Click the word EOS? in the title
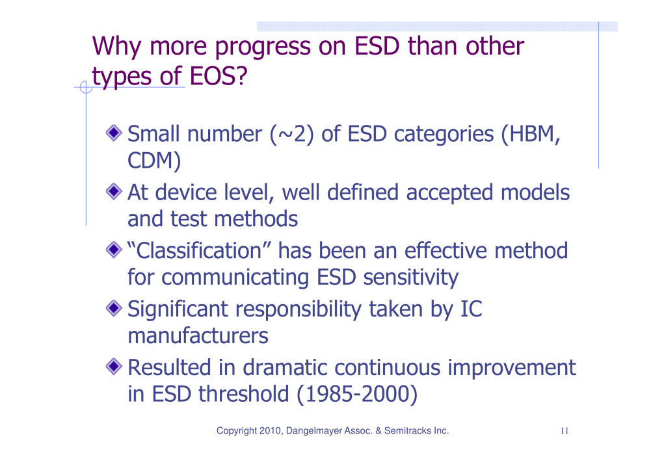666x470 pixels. point(219,77)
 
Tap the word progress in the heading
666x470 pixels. point(263,47)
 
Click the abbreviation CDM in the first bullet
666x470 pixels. point(151,161)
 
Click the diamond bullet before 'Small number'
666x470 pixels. point(114,133)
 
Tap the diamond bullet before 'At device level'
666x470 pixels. point(114,192)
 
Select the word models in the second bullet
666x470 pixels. point(535,192)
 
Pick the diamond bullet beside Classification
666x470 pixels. point(114,250)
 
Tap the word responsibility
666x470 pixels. point(298,309)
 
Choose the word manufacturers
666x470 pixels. point(198,336)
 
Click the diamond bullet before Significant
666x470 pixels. point(114,308)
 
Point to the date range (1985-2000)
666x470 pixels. point(357,395)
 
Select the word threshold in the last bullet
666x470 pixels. point(244,394)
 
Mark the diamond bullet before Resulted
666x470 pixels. point(114,367)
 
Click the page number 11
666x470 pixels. point(565,431)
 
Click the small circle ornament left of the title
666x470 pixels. point(86,88)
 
